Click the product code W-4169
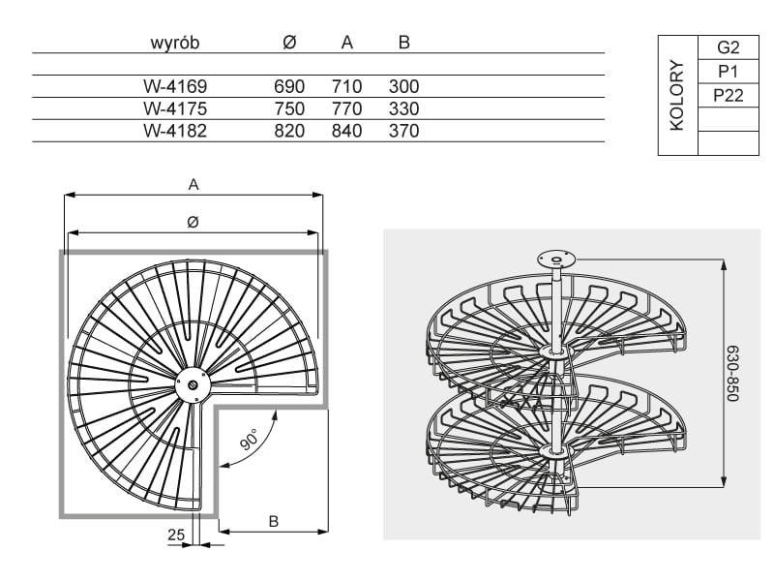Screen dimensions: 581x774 tap(175, 86)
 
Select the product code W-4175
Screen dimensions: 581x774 tap(175, 108)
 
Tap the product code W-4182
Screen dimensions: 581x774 tap(175, 131)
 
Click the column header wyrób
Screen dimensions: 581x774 tap(175, 43)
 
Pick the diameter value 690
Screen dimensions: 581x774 tap(289, 86)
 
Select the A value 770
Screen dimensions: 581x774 tap(346, 108)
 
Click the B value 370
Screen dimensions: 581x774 tap(403, 131)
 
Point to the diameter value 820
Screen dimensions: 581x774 tap(289, 131)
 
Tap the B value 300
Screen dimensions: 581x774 tap(403, 86)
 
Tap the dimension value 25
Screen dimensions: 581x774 tap(174, 534)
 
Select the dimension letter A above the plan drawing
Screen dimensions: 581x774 tap(193, 183)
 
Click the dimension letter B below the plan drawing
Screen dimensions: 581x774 tap(274, 520)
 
